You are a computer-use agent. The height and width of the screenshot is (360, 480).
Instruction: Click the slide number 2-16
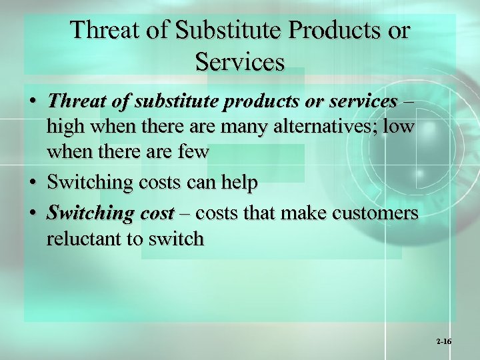point(444,341)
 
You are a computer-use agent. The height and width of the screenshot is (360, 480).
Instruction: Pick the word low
point(399,127)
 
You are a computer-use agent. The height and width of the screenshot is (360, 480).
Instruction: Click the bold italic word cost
point(156,213)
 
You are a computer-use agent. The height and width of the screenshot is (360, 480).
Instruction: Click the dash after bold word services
point(408,101)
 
